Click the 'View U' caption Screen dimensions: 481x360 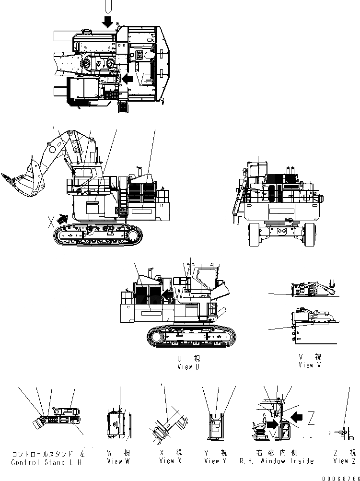(x=185, y=367)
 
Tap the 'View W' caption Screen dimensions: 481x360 (x=118, y=461)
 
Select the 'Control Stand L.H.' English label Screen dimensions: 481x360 (x=47, y=462)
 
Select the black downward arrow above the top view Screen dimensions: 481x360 (x=108, y=21)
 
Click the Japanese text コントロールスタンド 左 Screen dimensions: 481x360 (x=47, y=453)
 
